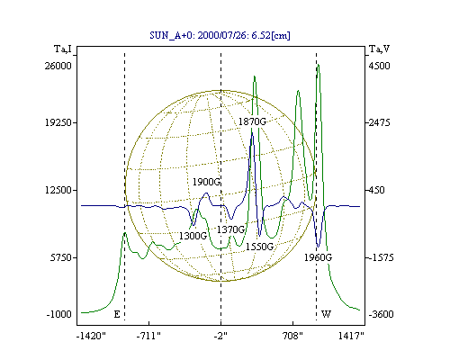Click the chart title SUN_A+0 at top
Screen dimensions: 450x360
(220, 35)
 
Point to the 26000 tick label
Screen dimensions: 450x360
(58, 66)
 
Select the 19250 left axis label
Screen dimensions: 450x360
(58, 122)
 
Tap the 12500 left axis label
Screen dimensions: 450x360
(58, 190)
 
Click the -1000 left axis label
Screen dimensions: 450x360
(58, 314)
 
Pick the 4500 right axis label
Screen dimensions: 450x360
(379, 66)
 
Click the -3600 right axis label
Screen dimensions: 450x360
(381, 314)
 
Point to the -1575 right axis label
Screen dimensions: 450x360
(381, 257)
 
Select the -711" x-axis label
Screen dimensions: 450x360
(148, 336)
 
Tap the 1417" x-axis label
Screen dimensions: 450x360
(351, 336)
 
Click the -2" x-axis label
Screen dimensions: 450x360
(220, 336)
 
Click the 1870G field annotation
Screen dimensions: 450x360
(252, 121)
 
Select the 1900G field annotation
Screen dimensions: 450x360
(206, 182)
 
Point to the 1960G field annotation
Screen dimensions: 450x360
(319, 257)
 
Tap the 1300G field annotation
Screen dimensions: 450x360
(193, 236)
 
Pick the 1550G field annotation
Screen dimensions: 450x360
(260, 247)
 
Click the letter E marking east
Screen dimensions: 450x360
(117, 314)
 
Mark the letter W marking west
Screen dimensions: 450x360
(326, 314)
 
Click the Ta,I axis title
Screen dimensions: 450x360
(63, 49)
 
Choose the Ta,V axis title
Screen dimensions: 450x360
(379, 49)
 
